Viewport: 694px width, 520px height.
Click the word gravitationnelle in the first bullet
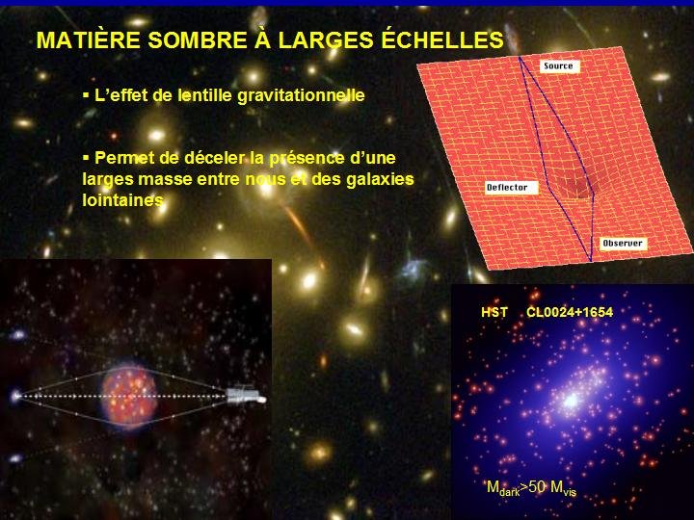pos(301,96)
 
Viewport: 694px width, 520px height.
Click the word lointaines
pos(123,200)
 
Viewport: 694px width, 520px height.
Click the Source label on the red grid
pos(558,65)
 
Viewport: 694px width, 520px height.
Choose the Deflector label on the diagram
pos(507,188)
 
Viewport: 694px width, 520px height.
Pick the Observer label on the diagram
pos(623,244)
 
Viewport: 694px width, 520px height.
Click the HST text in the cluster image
pos(494,313)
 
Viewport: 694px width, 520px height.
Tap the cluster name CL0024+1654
pos(570,313)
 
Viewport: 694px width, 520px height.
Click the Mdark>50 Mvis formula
pos(531,487)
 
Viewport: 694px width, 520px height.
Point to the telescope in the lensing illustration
pos(246,395)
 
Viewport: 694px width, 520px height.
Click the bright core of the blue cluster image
pos(571,401)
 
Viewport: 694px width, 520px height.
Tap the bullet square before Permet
pos(86,157)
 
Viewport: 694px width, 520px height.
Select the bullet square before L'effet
pos(86,94)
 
